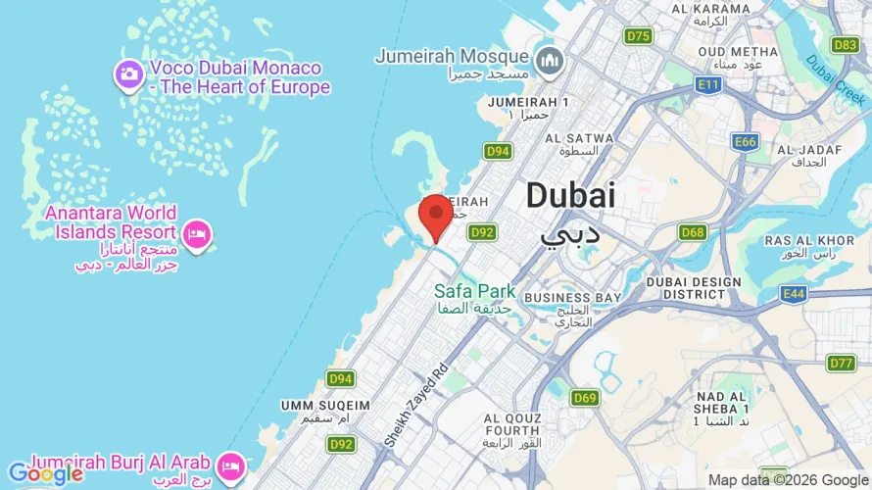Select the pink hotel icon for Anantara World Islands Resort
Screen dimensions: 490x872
tap(197, 234)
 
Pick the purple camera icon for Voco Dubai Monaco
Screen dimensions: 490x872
tap(128, 73)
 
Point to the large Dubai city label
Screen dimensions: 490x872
tap(571, 196)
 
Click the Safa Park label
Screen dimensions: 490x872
tap(475, 291)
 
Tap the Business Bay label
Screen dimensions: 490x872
tap(572, 298)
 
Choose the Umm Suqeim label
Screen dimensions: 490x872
tap(325, 405)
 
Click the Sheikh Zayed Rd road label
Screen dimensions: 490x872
tap(415, 401)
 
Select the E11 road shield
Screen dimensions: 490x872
tap(708, 86)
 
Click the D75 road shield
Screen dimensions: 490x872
tap(638, 36)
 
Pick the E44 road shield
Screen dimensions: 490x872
tap(794, 293)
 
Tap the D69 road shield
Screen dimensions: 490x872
tap(585, 397)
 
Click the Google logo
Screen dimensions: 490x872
tap(45, 474)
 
